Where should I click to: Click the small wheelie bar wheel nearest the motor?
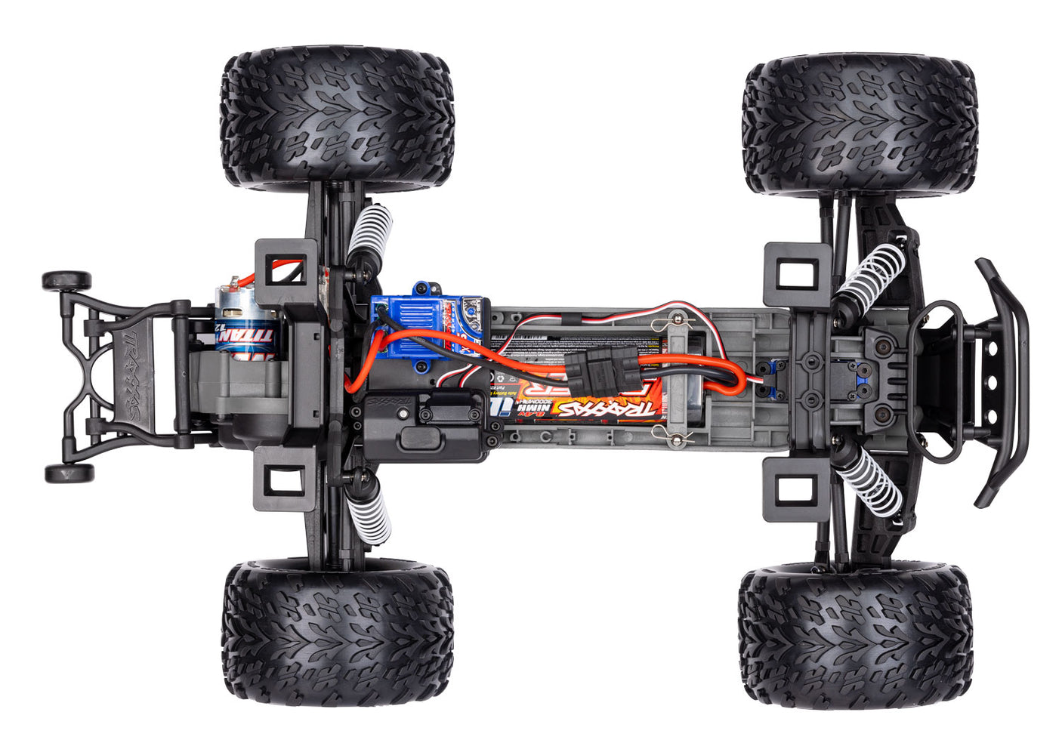click(x=66, y=281)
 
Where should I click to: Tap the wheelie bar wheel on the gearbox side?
click(x=69, y=473)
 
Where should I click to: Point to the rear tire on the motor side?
click(x=337, y=117)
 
